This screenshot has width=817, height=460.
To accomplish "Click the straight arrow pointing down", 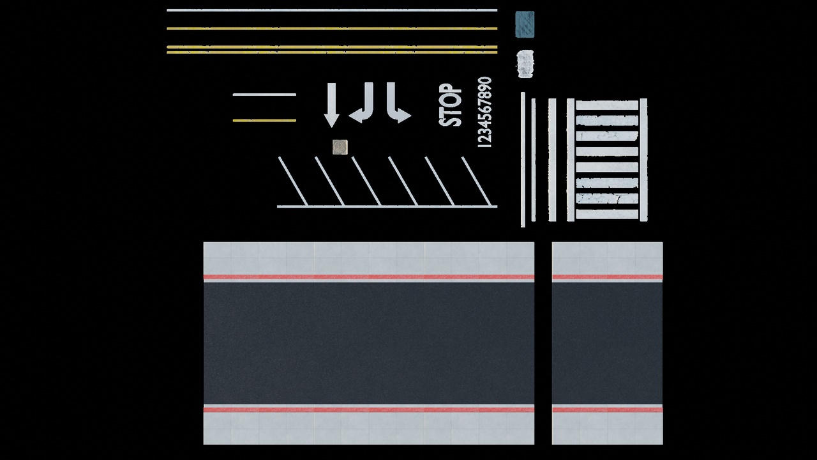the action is [331, 105].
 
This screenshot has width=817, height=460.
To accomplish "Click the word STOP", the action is [450, 105].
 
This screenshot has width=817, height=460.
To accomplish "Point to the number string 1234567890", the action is [485, 112].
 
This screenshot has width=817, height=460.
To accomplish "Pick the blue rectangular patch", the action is [525, 24].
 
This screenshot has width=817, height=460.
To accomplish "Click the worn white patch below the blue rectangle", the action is [525, 64].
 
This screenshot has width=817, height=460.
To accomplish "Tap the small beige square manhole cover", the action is [340, 147].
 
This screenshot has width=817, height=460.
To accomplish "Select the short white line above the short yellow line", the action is [264, 95].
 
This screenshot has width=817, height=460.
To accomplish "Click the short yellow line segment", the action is [264, 121].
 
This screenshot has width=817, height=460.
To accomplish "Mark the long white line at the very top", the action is [332, 10].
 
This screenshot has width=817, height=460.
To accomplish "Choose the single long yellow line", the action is [332, 29].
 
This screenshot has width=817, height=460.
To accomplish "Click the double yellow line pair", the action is [332, 50].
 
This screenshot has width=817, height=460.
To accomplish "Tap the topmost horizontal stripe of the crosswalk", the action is [607, 105].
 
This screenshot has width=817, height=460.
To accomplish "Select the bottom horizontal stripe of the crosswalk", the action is [607, 214].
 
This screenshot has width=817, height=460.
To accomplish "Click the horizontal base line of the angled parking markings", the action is [387, 206].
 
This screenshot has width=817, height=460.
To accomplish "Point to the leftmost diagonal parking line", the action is [293, 181].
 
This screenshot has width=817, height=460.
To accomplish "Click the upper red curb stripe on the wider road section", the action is [369, 277].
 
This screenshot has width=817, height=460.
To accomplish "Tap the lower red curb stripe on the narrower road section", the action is [607, 410].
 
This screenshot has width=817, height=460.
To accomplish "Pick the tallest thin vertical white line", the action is [523, 160].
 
